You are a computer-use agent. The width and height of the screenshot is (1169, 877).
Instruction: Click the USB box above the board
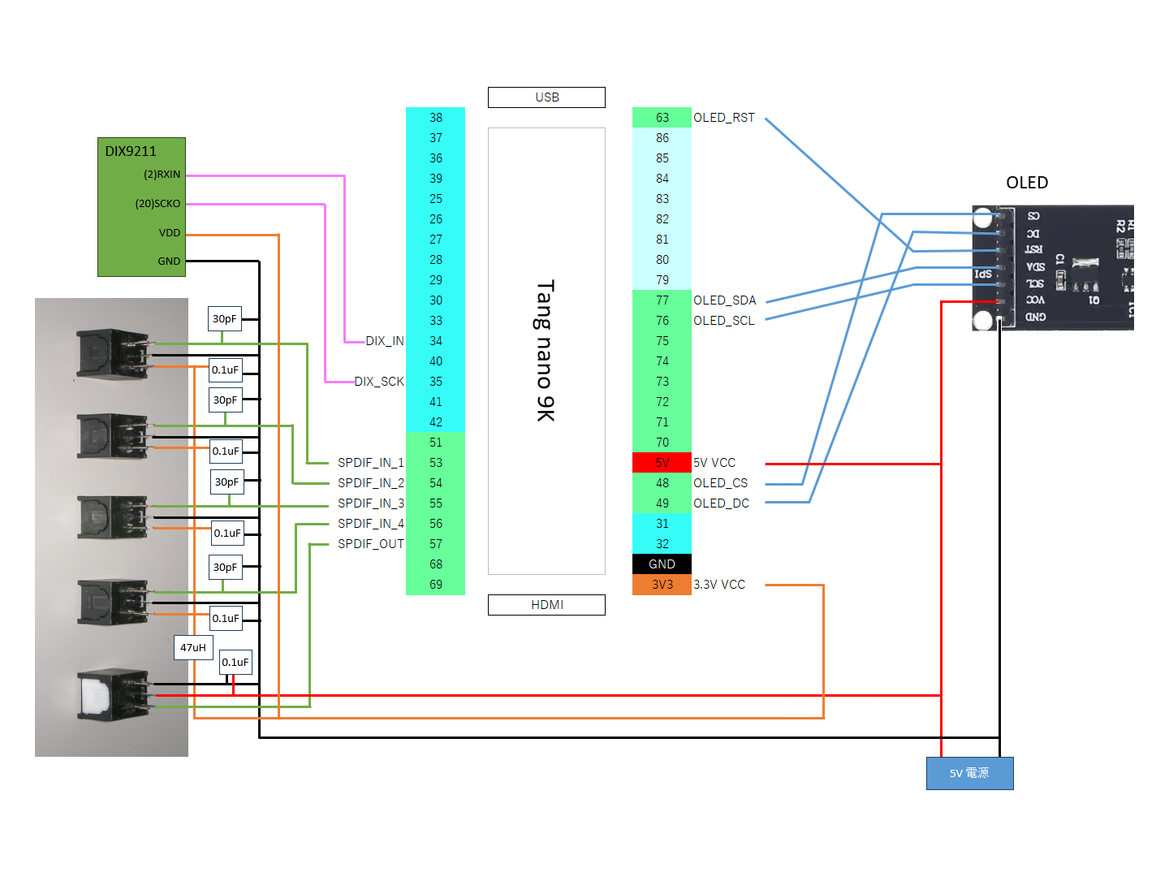click(546, 97)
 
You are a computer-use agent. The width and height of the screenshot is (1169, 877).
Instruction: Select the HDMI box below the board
click(546, 605)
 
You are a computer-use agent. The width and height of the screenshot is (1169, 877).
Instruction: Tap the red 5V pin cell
click(662, 463)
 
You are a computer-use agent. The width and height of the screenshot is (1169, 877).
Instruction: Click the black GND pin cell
click(662, 564)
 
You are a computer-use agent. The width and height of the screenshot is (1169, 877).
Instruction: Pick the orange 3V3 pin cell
click(662, 585)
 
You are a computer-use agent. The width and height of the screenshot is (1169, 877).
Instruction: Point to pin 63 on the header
click(662, 118)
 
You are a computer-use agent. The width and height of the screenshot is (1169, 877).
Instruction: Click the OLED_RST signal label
click(724, 118)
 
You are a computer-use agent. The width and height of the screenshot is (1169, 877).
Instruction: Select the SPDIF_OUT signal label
click(371, 544)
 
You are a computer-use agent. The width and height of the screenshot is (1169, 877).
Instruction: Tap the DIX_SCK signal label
click(379, 382)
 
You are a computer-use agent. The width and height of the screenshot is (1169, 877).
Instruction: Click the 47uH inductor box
click(192, 647)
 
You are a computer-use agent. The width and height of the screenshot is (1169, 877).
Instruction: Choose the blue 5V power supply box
click(969, 773)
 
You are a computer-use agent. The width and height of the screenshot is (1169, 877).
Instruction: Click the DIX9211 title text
click(131, 152)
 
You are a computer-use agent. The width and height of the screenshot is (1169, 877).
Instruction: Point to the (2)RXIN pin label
click(162, 175)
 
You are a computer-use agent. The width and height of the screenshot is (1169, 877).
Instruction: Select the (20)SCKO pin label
click(157, 204)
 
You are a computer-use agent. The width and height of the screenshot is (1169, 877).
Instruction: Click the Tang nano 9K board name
click(546, 350)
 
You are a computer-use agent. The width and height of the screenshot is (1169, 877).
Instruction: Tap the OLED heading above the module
click(1027, 183)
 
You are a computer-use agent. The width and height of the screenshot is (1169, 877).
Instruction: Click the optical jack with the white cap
click(113, 694)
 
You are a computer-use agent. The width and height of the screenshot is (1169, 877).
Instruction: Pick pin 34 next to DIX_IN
click(436, 341)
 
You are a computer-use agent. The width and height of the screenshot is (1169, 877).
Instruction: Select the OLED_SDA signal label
click(724, 300)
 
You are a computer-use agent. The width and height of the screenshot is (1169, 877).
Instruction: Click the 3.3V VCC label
click(719, 585)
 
